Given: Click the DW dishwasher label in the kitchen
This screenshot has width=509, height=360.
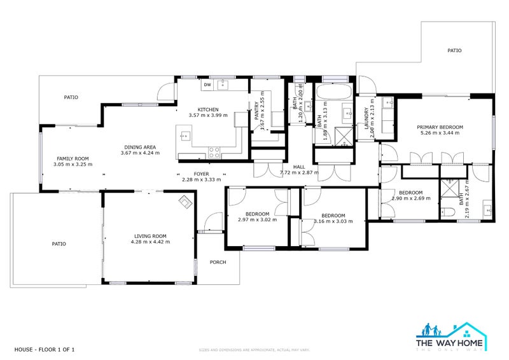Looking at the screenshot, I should (207, 85).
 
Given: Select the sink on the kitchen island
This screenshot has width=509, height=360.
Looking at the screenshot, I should (185, 135).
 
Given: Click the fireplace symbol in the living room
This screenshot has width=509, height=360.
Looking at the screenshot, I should (185, 202).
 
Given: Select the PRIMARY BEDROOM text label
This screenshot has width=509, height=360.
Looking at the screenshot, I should (440, 127).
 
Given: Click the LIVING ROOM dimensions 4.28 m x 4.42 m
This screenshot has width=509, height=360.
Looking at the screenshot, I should (150, 242).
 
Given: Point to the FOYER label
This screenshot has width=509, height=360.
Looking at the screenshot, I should (201, 173).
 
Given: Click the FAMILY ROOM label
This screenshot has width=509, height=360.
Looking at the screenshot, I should (73, 158).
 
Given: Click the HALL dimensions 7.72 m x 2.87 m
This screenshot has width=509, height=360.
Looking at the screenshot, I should (299, 172).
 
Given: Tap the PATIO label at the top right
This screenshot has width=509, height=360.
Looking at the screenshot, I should (454, 50).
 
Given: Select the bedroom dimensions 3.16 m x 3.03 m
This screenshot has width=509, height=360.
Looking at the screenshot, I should (333, 221).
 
